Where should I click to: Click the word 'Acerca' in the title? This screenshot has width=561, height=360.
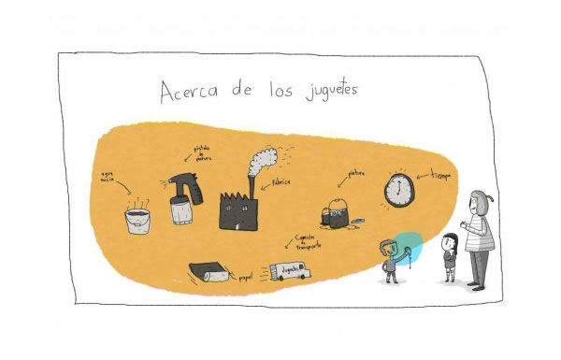(192, 94)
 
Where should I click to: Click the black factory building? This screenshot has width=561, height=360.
(239, 209)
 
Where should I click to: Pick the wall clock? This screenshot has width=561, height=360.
(399, 190)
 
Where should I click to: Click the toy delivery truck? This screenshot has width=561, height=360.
(291, 272)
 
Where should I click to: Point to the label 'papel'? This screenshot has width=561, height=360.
(246, 278)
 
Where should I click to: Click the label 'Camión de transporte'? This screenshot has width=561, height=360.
(308, 241)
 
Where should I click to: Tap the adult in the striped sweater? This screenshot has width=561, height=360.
(479, 238)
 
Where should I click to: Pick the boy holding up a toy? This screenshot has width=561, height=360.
(390, 260)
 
